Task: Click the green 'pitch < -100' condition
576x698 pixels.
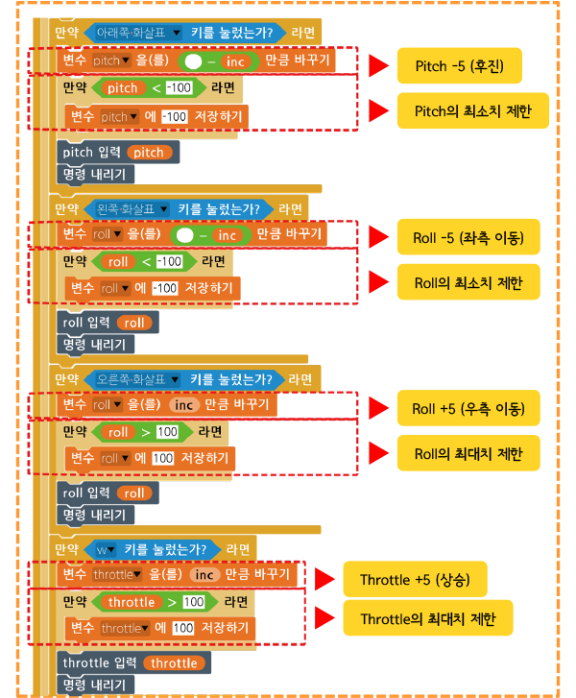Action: click(143, 88)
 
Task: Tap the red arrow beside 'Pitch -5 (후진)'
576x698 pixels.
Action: click(380, 66)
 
